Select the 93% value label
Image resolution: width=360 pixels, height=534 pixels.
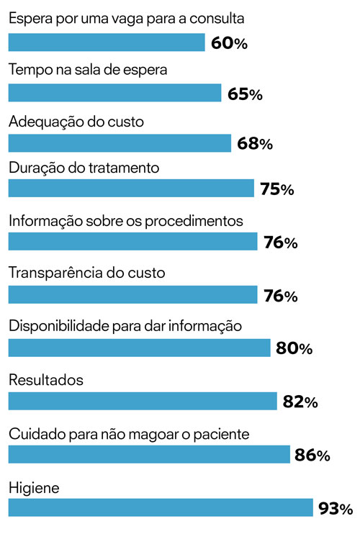(x=335, y=510)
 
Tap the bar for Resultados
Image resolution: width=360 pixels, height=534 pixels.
(x=142, y=401)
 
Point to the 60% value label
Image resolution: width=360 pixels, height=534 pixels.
(x=230, y=44)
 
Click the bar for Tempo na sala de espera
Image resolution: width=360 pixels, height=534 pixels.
(x=114, y=93)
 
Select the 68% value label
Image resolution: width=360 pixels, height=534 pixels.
(x=254, y=144)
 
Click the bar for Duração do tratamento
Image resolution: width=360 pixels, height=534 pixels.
(x=131, y=189)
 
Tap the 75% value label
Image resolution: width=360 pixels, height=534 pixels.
(x=276, y=190)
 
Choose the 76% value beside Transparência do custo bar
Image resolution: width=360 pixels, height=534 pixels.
(x=280, y=296)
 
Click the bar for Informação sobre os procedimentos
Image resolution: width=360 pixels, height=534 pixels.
(x=132, y=241)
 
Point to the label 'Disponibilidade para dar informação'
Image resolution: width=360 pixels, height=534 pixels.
(x=125, y=326)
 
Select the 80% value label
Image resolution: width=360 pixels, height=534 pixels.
(x=294, y=349)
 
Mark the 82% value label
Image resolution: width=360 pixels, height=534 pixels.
(x=300, y=402)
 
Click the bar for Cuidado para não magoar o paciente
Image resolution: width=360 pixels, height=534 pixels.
(x=149, y=454)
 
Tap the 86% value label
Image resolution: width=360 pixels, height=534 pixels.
(x=312, y=456)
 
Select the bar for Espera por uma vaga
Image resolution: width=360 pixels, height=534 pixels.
(x=107, y=42)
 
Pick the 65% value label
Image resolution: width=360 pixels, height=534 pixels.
(x=245, y=94)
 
